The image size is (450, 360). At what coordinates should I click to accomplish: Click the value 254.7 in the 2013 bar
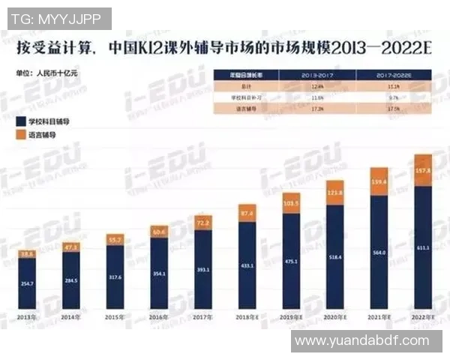pos(28,284)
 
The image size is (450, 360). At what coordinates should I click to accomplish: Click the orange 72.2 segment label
pos(202,223)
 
